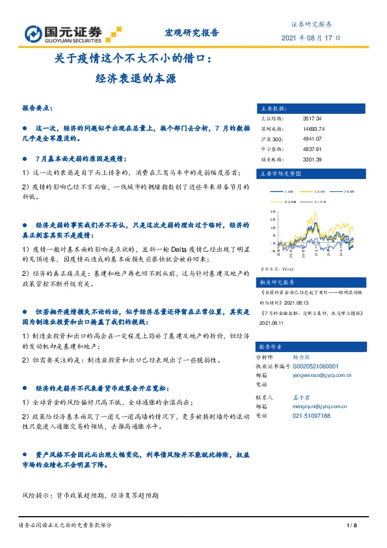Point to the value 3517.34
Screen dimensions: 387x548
tap(312, 119)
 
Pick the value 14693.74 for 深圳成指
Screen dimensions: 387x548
tap(314, 129)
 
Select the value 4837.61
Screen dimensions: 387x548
tap(312, 148)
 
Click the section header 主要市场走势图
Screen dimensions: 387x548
tap(280, 174)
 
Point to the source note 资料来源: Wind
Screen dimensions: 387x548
tap(277, 267)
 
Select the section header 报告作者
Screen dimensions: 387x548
tap(271, 346)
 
